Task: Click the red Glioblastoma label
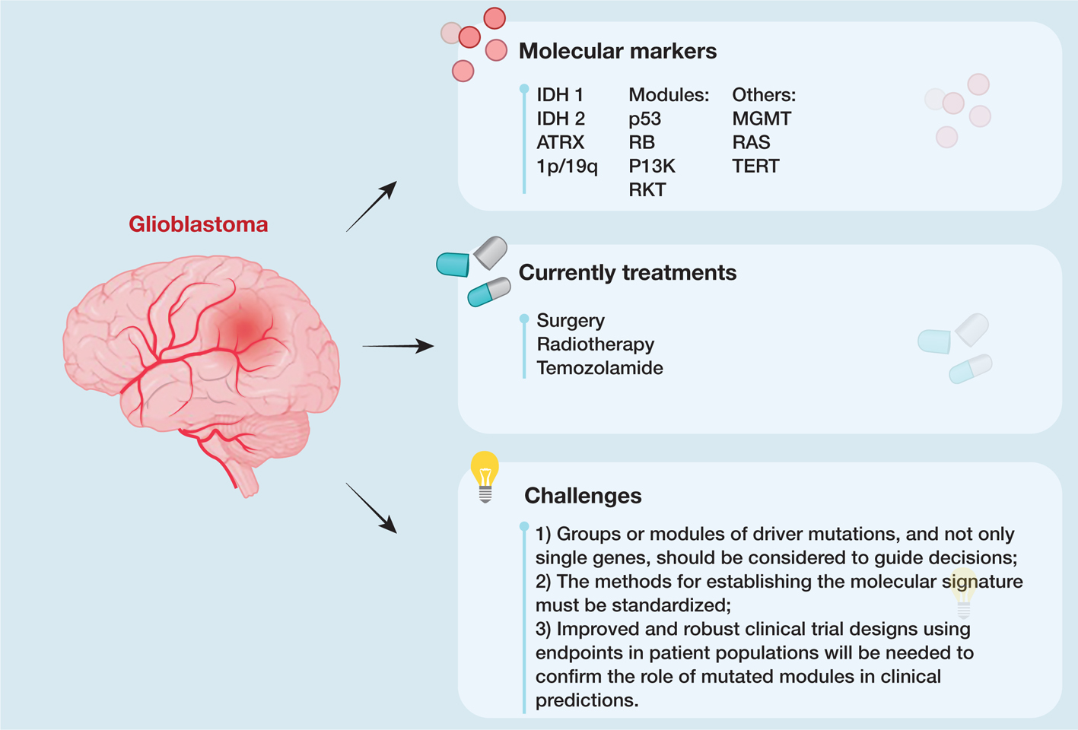click(199, 224)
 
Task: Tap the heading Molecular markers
click(617, 51)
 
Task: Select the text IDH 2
click(561, 119)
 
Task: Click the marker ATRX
click(561, 142)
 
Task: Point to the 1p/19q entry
click(567, 166)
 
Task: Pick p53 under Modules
click(645, 119)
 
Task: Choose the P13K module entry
click(652, 166)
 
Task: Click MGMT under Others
click(762, 119)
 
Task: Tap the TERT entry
click(755, 166)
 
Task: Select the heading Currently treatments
click(627, 272)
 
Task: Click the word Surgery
click(571, 320)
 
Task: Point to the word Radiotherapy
click(596, 344)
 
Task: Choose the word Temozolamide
click(599, 368)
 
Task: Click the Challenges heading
click(583, 496)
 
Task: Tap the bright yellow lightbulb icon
click(485, 473)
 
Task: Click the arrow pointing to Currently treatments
click(398, 346)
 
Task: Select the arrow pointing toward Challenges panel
click(372, 508)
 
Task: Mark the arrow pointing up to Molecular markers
click(372, 206)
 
